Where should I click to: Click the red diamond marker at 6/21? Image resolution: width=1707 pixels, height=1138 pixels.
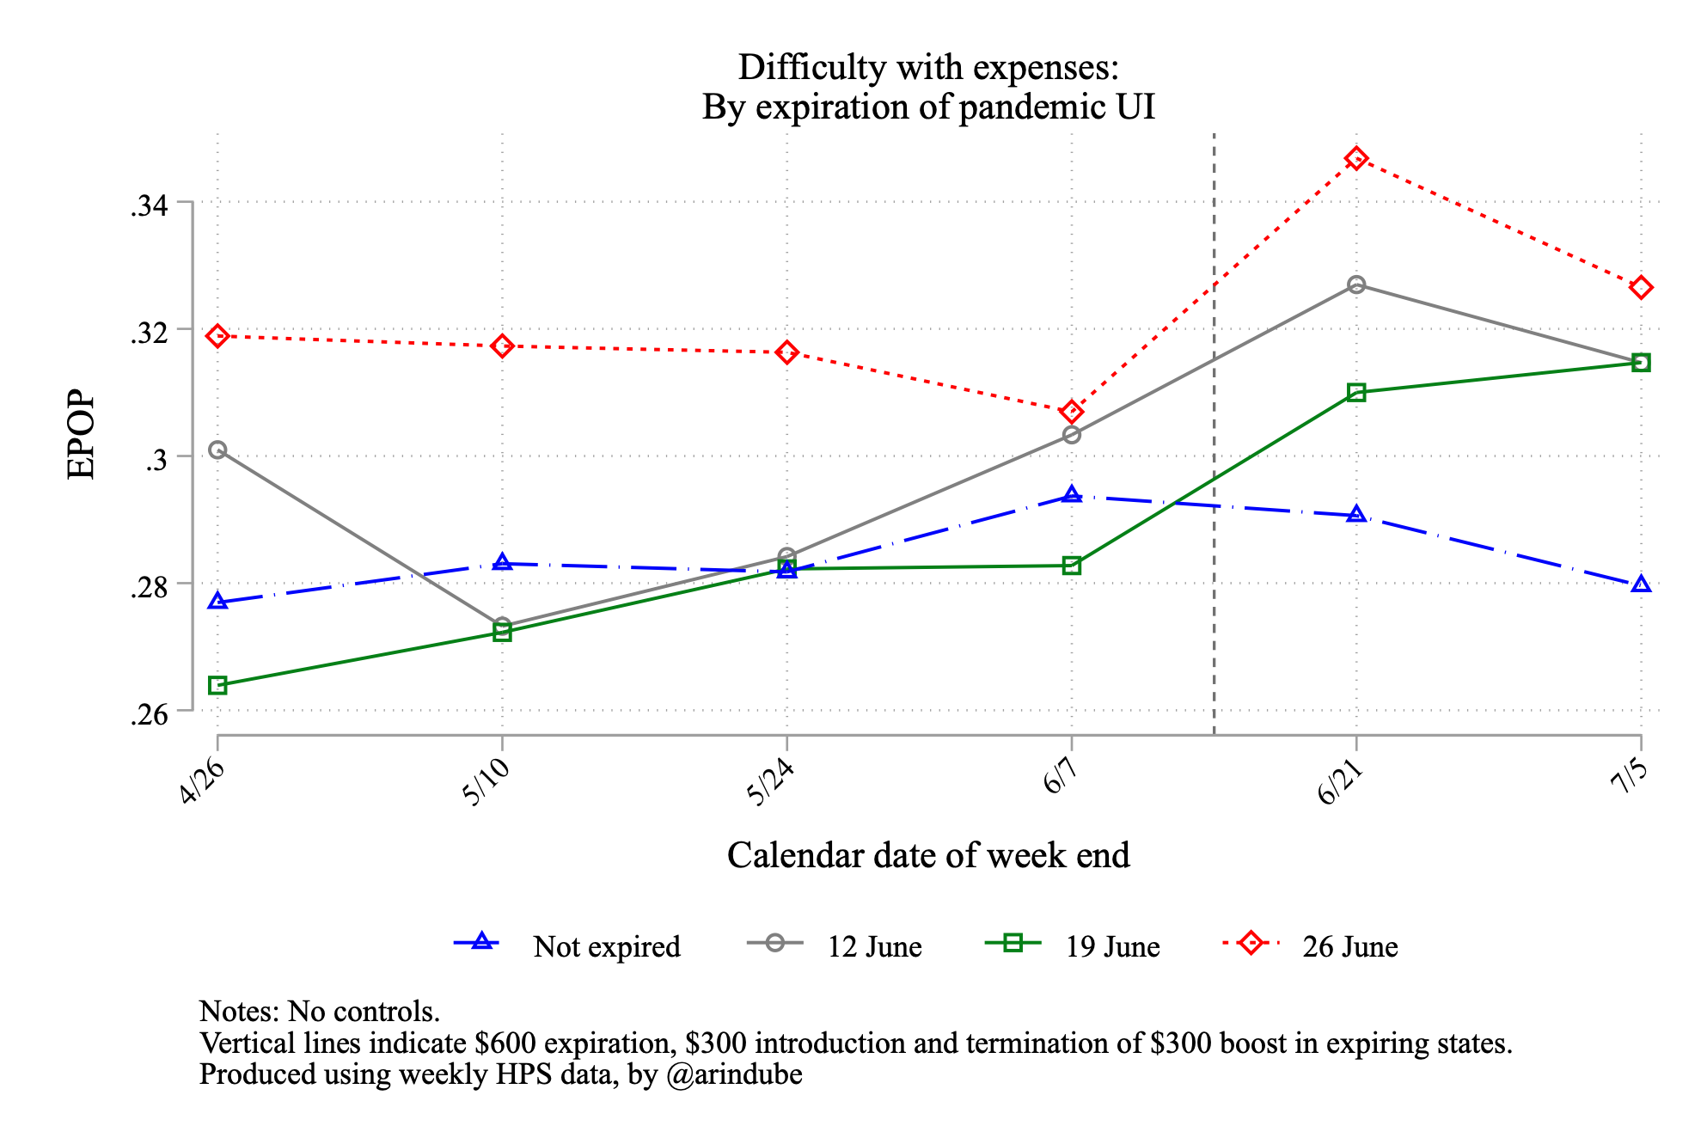tap(1356, 158)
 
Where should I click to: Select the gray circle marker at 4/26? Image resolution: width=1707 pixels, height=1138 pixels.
tap(217, 450)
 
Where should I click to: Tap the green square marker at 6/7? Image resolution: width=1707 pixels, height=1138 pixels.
tap(1071, 566)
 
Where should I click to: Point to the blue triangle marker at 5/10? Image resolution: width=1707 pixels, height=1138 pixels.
tap(503, 563)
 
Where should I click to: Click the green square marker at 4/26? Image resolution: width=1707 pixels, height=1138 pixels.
tap(217, 685)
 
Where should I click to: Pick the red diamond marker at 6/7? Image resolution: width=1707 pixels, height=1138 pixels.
tap(1071, 412)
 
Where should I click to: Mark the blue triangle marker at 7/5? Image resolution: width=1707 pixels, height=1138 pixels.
tap(1641, 584)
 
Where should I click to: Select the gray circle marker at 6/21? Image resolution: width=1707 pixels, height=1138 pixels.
tap(1356, 284)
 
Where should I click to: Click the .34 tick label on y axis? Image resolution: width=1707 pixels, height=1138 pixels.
tap(148, 205)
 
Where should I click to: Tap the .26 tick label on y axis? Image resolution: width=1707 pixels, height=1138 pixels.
tap(148, 714)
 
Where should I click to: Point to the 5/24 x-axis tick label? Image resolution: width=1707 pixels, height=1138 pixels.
tap(769, 783)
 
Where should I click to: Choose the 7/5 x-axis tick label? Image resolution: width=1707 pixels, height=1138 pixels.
tap(1629, 779)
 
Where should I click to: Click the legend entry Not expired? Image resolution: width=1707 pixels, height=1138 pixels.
tap(606, 946)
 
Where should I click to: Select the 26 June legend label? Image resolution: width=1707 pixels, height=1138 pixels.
tap(1349, 946)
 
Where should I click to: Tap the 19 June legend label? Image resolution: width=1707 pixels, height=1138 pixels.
tap(1112, 946)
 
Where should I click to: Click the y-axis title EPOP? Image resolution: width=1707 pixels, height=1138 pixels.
tap(82, 434)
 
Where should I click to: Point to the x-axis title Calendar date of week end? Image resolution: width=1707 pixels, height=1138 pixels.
tap(928, 855)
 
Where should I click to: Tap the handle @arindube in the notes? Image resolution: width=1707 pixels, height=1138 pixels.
tap(734, 1074)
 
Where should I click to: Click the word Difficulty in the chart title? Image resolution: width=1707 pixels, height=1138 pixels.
tap(805, 68)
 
